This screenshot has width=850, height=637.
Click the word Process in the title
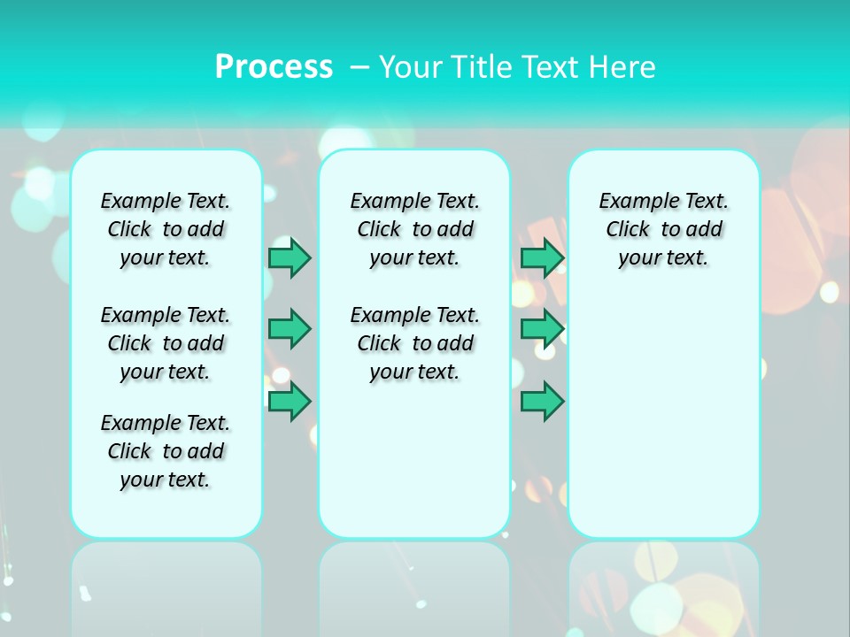tap(274, 67)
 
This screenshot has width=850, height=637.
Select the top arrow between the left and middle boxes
tap(290, 258)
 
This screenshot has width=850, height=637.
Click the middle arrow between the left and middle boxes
tap(290, 329)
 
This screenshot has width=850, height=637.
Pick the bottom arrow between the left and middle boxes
tap(290, 402)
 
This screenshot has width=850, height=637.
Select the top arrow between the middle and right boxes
tap(542, 258)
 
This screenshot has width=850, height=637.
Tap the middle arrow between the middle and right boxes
tap(542, 329)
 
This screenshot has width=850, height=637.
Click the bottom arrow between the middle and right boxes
tap(542, 402)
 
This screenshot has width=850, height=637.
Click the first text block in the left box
tap(166, 229)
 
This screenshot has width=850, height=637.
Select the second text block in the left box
tap(166, 343)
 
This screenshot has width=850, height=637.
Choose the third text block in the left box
tap(166, 451)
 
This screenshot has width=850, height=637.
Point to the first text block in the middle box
tap(415, 229)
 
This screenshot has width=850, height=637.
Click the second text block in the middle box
tap(415, 343)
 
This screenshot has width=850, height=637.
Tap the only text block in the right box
tap(664, 229)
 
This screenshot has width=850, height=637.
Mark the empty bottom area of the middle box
tap(415, 469)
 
